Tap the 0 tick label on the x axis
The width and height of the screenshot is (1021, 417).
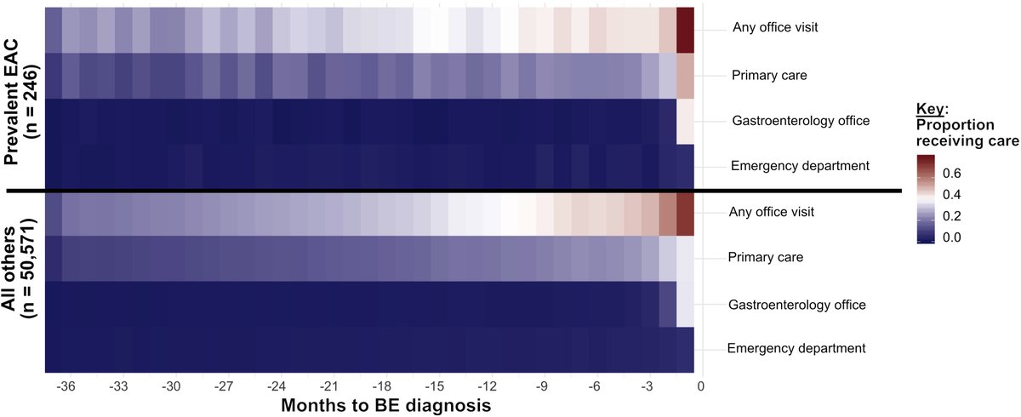(701, 385)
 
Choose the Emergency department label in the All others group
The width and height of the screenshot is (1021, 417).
(796, 347)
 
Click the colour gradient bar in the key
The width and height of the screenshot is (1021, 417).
(932, 200)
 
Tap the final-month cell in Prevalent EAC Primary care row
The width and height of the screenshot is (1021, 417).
(686, 75)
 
